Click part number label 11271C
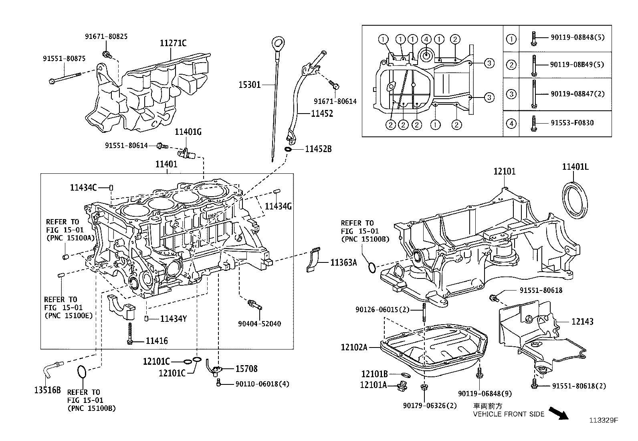point(173,43)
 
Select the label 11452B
point(318,149)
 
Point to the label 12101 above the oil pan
point(504,171)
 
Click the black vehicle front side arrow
point(558,413)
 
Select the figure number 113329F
point(604,421)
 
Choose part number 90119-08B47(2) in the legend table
point(577,93)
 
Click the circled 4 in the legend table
point(511,123)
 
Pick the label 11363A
point(343,263)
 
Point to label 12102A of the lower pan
point(354,347)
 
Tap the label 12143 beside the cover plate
point(582,321)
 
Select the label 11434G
point(278,206)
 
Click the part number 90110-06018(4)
point(262,384)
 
